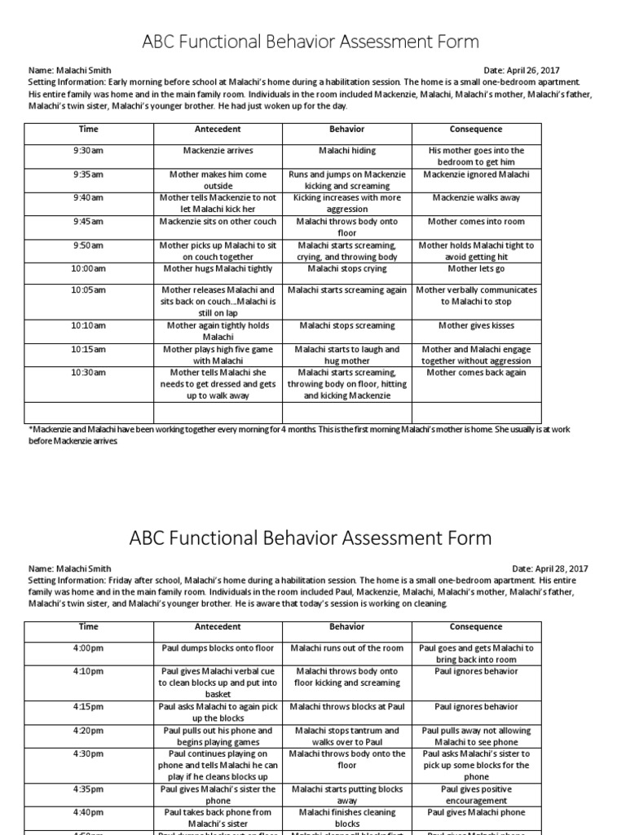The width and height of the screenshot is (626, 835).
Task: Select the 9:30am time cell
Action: click(x=88, y=151)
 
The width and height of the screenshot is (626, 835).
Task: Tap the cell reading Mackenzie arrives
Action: click(x=218, y=151)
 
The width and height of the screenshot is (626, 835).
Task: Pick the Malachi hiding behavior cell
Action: click(x=346, y=151)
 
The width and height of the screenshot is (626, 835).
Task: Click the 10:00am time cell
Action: click(x=88, y=268)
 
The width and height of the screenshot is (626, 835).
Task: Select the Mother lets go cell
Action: click(x=476, y=268)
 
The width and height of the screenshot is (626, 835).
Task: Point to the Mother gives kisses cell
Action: click(x=476, y=325)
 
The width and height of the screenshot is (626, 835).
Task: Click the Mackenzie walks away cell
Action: click(x=476, y=198)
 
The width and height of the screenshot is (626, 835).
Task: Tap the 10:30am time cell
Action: click(x=88, y=373)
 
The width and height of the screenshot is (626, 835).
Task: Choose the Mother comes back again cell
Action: click(x=476, y=373)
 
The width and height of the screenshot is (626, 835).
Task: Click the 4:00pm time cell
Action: click(x=88, y=648)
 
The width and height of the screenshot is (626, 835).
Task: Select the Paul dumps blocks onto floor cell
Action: click(x=218, y=648)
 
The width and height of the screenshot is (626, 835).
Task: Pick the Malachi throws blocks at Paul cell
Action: click(x=346, y=707)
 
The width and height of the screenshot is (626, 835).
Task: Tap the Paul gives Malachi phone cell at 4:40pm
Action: click(x=476, y=813)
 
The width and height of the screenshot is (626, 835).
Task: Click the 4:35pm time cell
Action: click(x=88, y=789)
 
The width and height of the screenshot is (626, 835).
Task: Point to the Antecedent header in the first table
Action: click(x=218, y=130)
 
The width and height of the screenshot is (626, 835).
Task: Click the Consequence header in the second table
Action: click(x=476, y=627)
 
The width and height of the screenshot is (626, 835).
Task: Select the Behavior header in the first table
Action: click(x=346, y=130)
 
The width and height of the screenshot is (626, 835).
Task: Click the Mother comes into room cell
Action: click(x=476, y=222)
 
